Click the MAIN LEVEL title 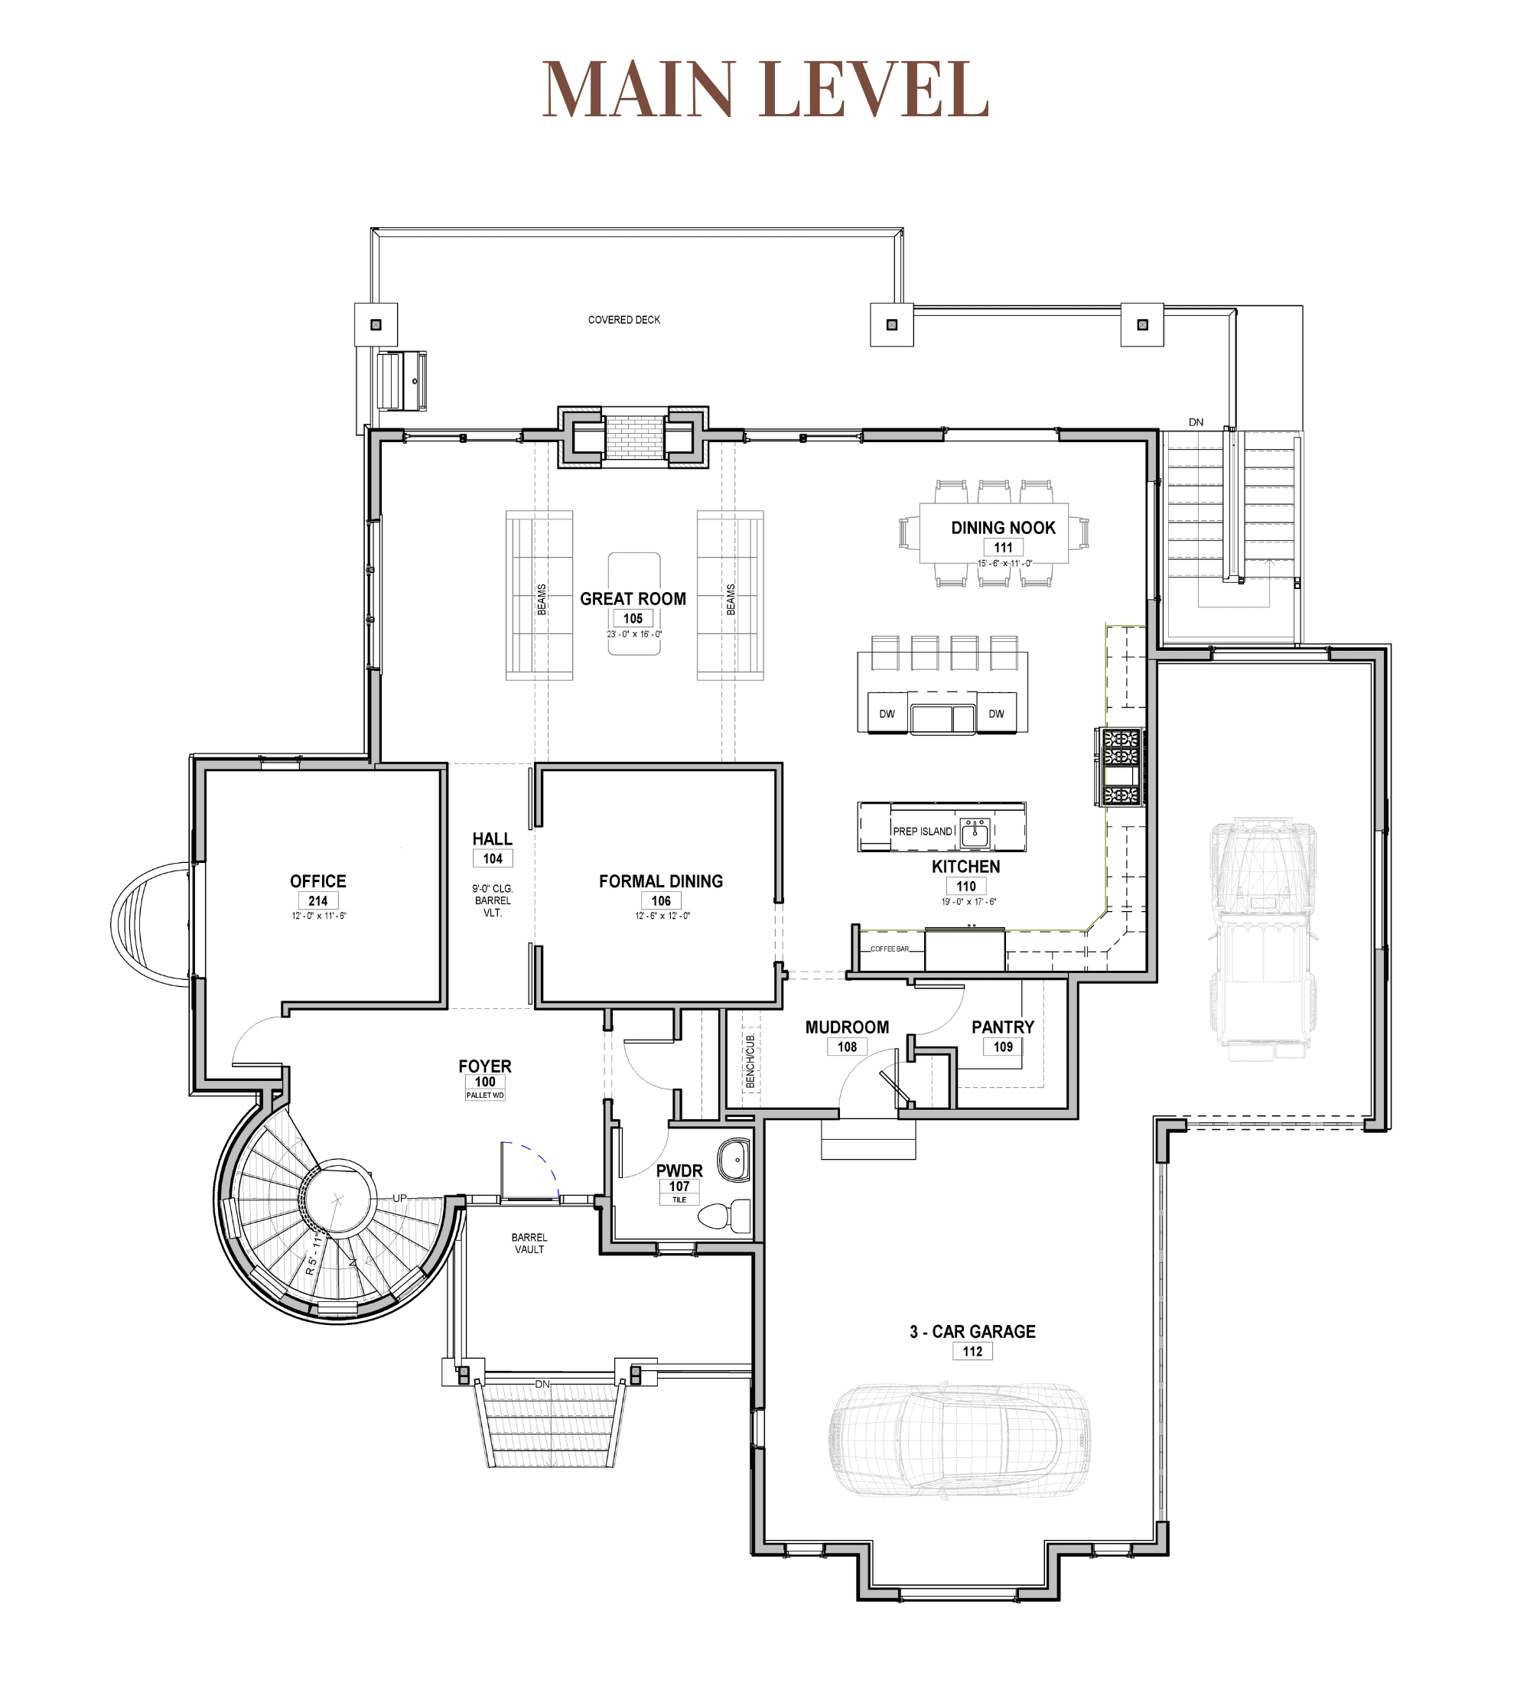coord(764,89)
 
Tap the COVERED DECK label coord(623,320)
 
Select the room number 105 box coord(633,619)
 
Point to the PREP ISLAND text coord(923,832)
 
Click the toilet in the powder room coord(723,1216)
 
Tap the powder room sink coord(734,1160)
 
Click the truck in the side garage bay coord(1263,939)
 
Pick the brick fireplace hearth coord(634,437)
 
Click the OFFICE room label coord(318,881)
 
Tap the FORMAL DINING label coord(660,881)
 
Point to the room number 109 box coord(1002,1047)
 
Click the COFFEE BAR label coord(889,949)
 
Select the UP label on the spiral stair coord(400,1198)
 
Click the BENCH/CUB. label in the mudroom coord(750,1061)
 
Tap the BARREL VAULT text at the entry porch coord(529,1243)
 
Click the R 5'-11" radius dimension coord(312,1254)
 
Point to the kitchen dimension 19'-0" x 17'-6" coord(968,902)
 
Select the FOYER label coord(485,1066)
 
